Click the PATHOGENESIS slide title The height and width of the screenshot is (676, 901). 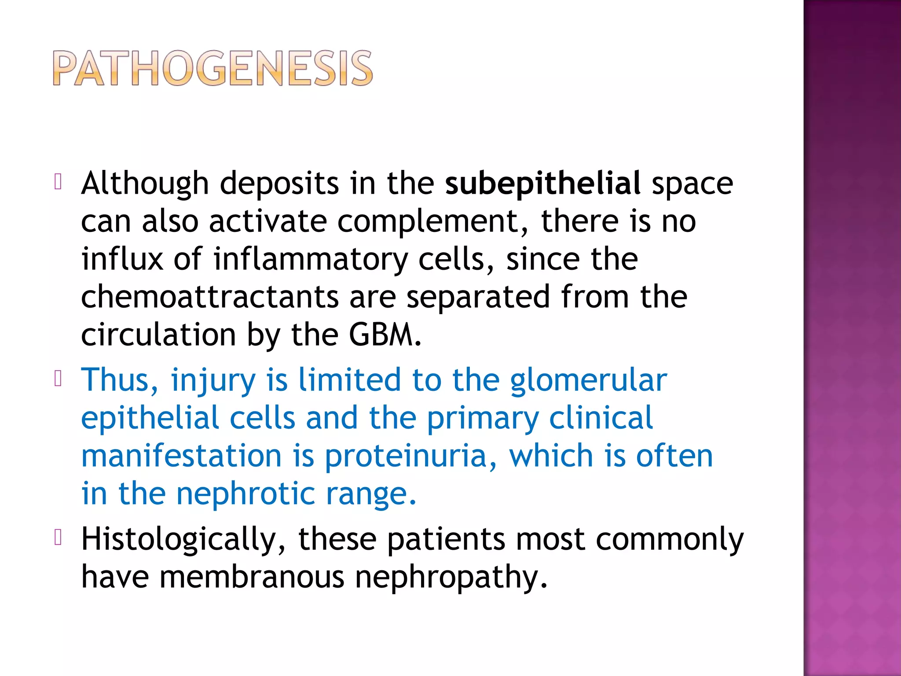(x=213, y=68)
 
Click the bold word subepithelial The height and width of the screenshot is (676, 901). (x=542, y=183)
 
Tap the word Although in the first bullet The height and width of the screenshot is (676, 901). (x=145, y=183)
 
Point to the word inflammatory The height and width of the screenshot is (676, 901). (x=311, y=259)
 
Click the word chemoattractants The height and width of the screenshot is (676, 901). (x=210, y=297)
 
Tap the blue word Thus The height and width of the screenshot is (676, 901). (x=119, y=380)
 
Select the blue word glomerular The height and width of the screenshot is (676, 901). (x=588, y=380)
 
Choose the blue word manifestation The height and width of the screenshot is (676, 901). (x=181, y=456)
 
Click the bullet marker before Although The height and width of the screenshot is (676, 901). (x=58, y=182)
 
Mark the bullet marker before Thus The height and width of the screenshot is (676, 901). (x=58, y=378)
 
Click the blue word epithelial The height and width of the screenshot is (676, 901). (x=150, y=418)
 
